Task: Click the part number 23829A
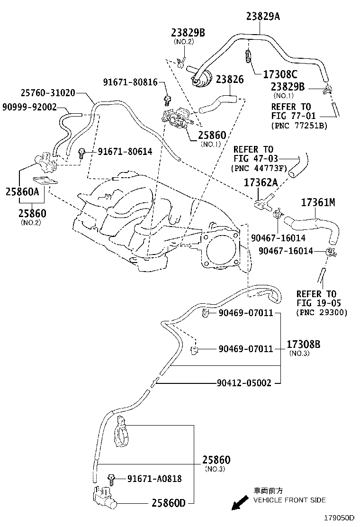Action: coord(263,17)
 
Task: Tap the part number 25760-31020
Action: coord(47,93)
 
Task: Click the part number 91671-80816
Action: coord(130,82)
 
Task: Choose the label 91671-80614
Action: coord(125,152)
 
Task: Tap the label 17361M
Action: coord(318,203)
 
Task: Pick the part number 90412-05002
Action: coord(244,383)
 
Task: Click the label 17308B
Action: coord(303,345)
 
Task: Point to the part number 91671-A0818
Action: coord(154,479)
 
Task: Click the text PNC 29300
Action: coord(322,312)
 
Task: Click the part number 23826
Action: coord(230,80)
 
